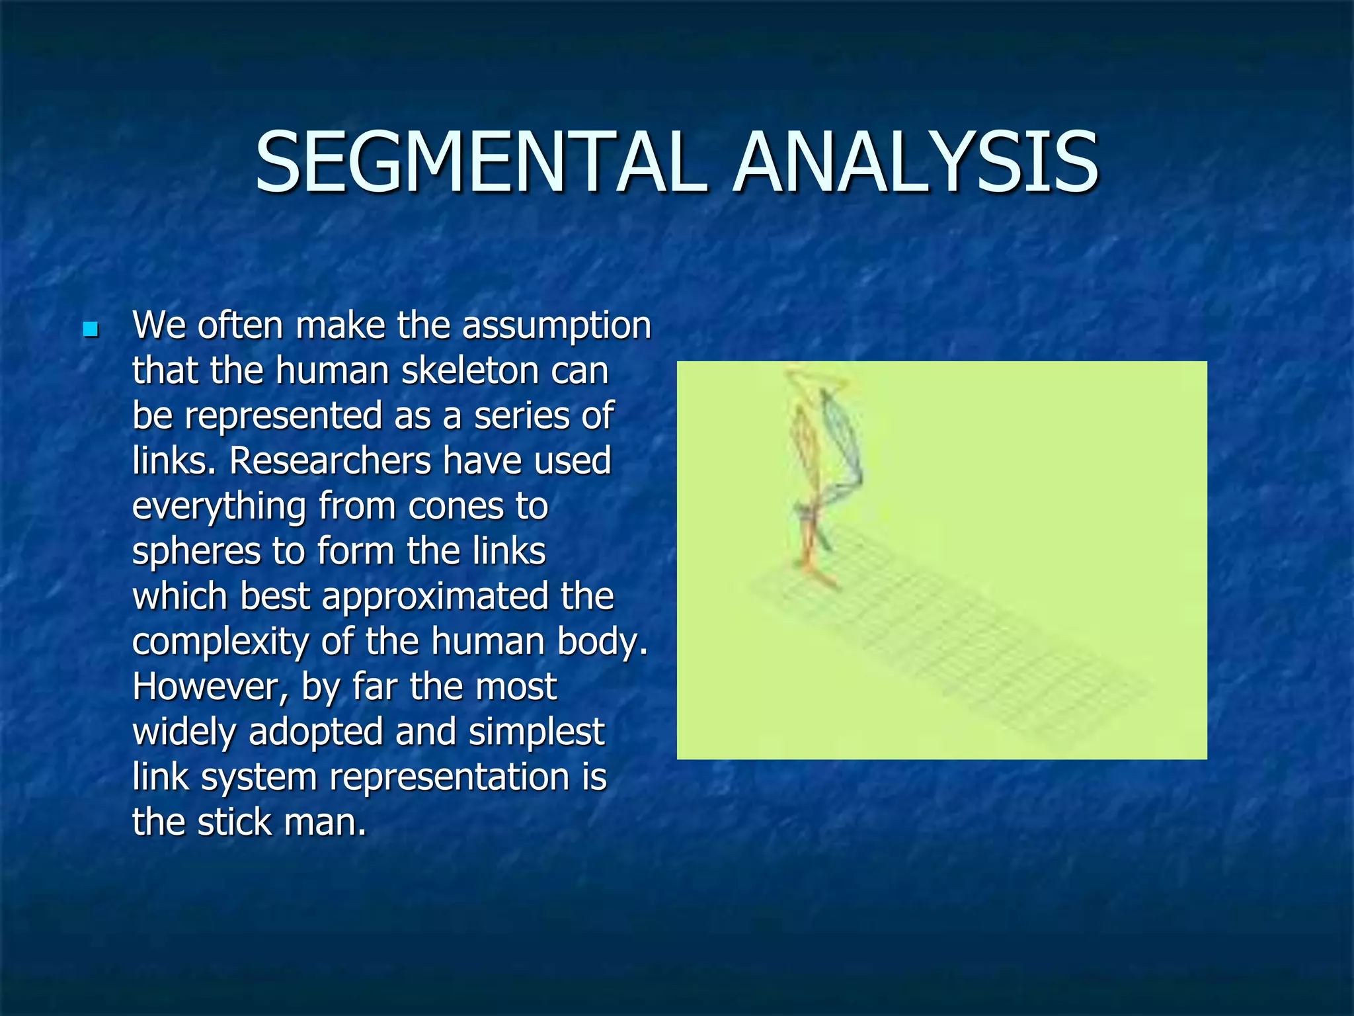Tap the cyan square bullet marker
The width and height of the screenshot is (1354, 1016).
(x=91, y=329)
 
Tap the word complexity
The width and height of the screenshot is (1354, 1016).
(x=220, y=643)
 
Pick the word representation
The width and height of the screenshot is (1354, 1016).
(x=449, y=778)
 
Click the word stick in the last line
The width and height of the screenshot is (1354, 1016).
(x=235, y=823)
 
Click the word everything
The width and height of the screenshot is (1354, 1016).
(x=218, y=508)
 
